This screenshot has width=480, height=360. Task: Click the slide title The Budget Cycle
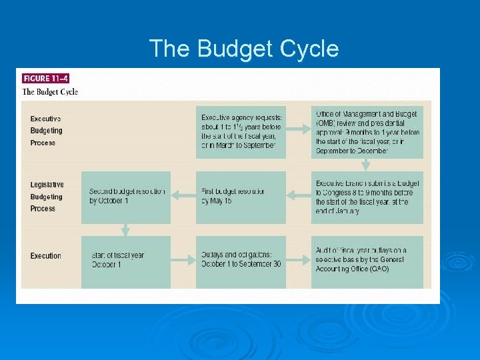click(243, 49)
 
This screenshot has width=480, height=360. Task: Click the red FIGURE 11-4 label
click(45, 78)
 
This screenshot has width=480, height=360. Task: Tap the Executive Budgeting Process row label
click(46, 131)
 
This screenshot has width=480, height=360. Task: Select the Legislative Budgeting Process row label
click(47, 197)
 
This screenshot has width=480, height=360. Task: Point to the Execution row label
click(45, 256)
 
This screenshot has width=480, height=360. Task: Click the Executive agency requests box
click(241, 131)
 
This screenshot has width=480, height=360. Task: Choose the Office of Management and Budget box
click(367, 131)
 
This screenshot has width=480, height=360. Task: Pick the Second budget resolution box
click(126, 197)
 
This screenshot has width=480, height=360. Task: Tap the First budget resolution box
click(241, 197)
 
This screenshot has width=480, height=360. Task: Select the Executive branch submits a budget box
click(367, 197)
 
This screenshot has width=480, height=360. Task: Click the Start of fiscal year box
click(126, 261)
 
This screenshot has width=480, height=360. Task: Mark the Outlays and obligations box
click(241, 261)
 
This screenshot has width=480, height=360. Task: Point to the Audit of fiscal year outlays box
click(367, 261)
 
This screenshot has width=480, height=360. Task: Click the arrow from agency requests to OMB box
click(299, 131)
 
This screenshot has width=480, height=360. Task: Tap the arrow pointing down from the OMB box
click(365, 165)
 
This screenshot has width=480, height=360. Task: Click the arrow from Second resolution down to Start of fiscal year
click(125, 230)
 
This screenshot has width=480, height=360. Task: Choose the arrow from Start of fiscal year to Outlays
click(183, 261)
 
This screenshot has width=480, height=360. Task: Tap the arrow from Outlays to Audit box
click(299, 261)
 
